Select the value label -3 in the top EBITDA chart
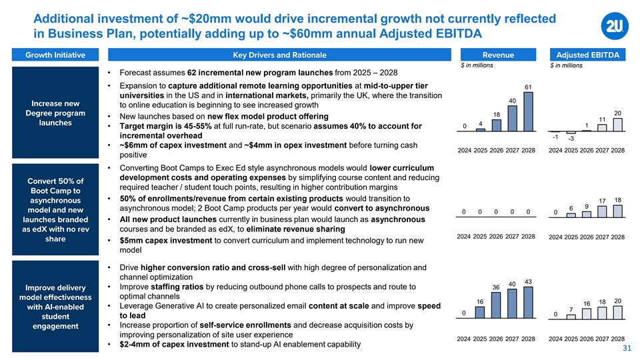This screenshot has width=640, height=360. click(x=571, y=139)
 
